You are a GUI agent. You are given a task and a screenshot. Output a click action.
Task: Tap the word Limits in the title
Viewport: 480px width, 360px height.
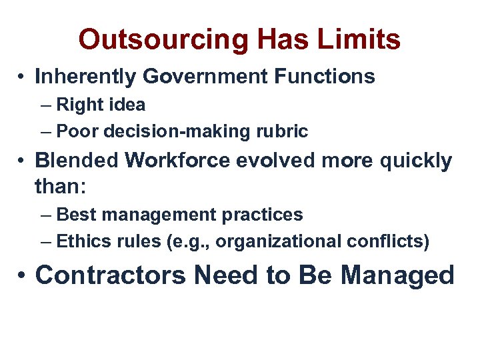point(359,39)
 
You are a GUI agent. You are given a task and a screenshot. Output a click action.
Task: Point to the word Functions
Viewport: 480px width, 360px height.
point(325,77)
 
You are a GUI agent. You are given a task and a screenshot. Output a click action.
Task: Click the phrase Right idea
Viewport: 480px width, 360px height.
point(101,105)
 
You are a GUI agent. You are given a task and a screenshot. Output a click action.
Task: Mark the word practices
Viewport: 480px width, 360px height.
point(263,215)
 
